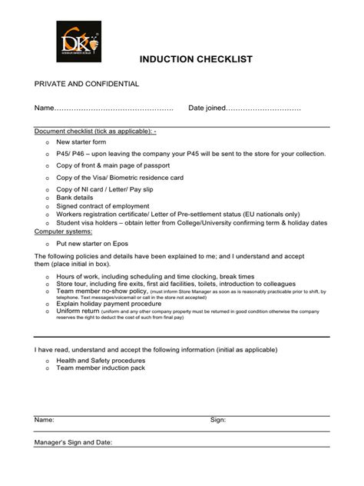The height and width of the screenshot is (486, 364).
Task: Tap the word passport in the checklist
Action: click(170, 165)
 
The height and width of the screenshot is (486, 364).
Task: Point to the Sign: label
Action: click(218, 420)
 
